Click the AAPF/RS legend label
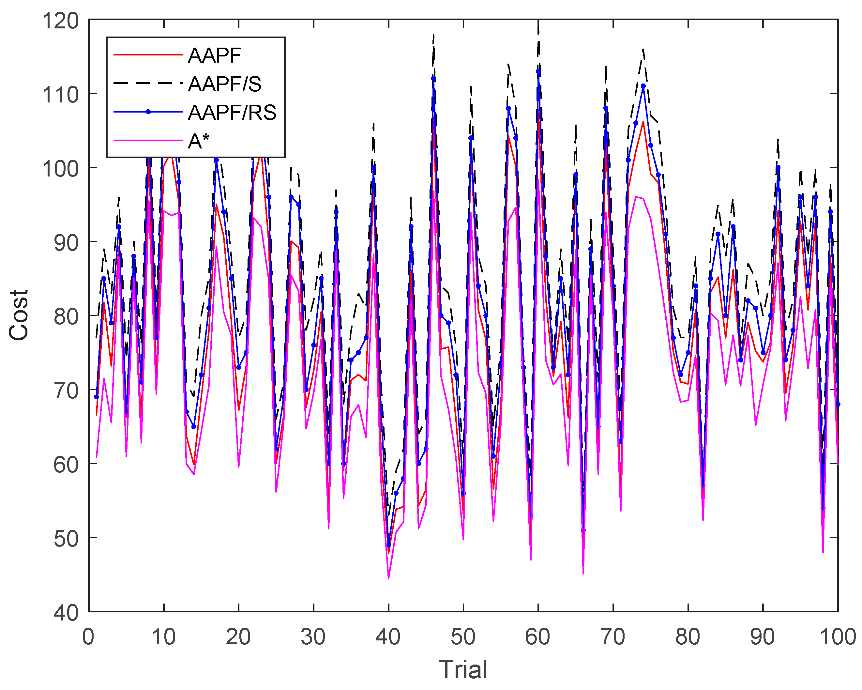232,113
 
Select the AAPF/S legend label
225,84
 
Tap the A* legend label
199,141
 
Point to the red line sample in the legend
148,54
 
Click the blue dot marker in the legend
148,112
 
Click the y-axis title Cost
19,315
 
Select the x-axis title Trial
463,669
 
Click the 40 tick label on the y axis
66,612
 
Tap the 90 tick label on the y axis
66,242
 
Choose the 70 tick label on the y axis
66,390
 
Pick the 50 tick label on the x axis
463,636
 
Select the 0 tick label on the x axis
88,636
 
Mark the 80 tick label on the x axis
688,636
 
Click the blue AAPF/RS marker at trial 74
643,86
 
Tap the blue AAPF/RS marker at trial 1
96,397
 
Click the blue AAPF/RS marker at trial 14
194,427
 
